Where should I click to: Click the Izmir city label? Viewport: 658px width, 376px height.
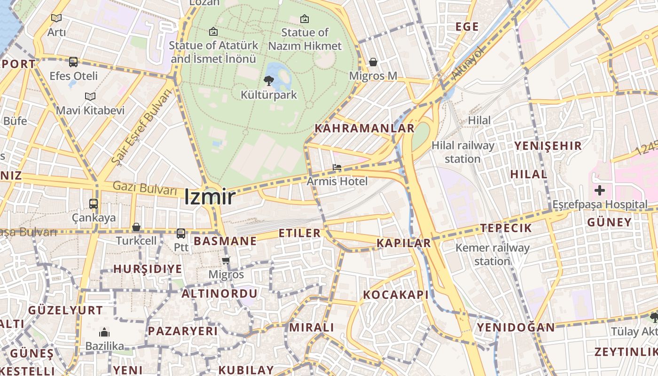click(x=210, y=196)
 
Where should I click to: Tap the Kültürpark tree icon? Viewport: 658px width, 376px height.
click(x=269, y=80)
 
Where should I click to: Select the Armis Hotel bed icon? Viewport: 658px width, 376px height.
click(x=337, y=167)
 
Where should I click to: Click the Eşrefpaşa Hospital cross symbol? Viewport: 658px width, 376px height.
click(x=599, y=190)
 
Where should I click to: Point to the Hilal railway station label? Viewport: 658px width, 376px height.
click(x=462, y=152)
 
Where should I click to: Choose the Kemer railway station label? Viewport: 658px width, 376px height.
click(x=492, y=254)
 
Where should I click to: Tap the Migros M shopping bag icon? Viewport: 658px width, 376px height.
click(x=373, y=62)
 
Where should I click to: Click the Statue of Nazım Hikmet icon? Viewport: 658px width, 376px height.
click(x=305, y=19)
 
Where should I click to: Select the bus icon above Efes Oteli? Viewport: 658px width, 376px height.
click(x=73, y=62)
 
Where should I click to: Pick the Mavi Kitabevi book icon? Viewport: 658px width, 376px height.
click(x=90, y=96)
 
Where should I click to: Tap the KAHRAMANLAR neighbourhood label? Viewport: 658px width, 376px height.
click(x=364, y=128)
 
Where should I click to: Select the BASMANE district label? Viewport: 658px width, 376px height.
click(x=225, y=241)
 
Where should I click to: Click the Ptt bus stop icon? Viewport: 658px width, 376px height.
click(x=180, y=233)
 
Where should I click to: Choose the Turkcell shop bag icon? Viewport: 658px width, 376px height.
click(x=136, y=227)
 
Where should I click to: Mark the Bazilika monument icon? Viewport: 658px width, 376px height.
click(x=104, y=333)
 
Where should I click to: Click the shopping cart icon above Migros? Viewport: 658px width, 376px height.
click(x=226, y=260)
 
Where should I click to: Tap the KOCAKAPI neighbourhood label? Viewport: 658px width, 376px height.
click(x=396, y=295)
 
